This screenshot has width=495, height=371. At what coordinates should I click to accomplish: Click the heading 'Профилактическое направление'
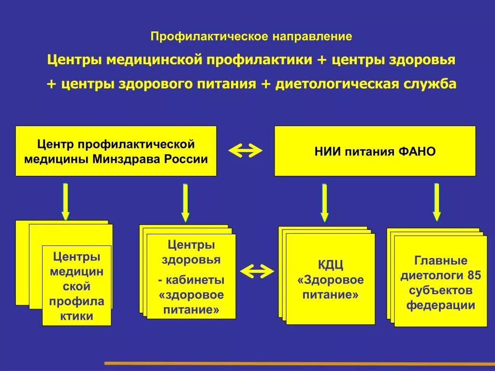(x=251, y=36)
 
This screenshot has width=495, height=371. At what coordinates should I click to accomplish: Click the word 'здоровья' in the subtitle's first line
(x=426, y=60)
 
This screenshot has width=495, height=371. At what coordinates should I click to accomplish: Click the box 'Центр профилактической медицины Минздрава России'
(x=116, y=151)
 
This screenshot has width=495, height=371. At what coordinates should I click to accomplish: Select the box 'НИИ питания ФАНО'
(x=375, y=151)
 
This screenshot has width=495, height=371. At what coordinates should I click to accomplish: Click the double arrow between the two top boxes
(x=245, y=151)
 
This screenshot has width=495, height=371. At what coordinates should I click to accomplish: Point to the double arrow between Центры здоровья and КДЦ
(x=257, y=271)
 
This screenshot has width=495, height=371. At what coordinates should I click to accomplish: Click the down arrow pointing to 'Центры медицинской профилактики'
(x=65, y=201)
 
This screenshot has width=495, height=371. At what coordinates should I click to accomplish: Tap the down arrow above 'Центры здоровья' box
(x=185, y=202)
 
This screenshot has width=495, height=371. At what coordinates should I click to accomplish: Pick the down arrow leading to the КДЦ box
(x=324, y=202)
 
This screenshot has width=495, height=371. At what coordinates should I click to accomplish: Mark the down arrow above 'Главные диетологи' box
(x=437, y=201)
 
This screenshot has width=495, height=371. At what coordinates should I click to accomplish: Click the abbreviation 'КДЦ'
(x=330, y=265)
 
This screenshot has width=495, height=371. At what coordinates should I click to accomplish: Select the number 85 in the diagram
(x=474, y=275)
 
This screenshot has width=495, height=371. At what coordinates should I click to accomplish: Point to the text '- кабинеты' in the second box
(x=191, y=280)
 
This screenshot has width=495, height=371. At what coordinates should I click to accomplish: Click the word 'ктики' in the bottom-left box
(x=77, y=316)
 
